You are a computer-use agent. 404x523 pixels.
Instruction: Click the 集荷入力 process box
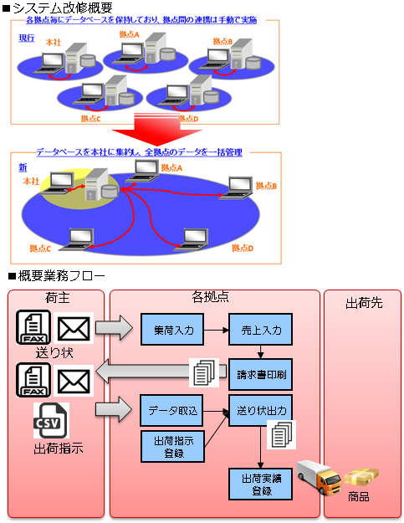coord(172,329)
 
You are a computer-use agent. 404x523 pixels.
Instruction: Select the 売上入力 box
coord(261,329)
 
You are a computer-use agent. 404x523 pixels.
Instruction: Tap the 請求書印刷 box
coord(261,374)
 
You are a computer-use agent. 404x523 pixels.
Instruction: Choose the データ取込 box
coord(171,411)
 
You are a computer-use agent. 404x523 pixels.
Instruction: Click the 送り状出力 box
coord(261,411)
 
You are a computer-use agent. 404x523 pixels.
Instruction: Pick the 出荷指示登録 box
coord(172,446)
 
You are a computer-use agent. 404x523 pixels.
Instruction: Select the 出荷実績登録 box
coord(261,484)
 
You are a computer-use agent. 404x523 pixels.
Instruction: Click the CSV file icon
coord(51,420)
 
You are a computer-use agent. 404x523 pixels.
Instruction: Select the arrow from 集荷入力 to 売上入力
coord(217,331)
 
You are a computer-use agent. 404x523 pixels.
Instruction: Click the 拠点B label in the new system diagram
coord(266,186)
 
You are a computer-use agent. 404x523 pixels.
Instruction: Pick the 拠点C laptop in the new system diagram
coord(77,239)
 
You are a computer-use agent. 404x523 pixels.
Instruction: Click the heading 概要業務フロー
coord(57,276)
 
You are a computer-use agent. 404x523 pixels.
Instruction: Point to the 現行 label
coord(26,38)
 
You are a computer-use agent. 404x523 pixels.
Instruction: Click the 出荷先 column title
coord(364,303)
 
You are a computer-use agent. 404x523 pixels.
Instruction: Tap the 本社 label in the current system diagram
coord(54,43)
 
